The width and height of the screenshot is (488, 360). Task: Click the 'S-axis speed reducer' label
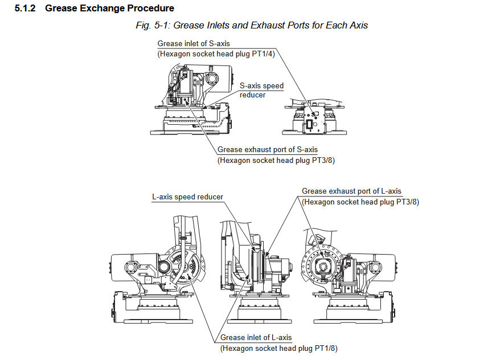(261, 90)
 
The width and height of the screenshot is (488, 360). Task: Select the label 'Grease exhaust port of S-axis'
(268, 150)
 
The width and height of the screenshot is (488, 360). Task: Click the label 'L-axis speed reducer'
(187, 197)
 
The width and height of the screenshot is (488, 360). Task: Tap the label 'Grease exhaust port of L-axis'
(351, 191)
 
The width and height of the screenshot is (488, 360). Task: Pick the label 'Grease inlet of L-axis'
(256, 338)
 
